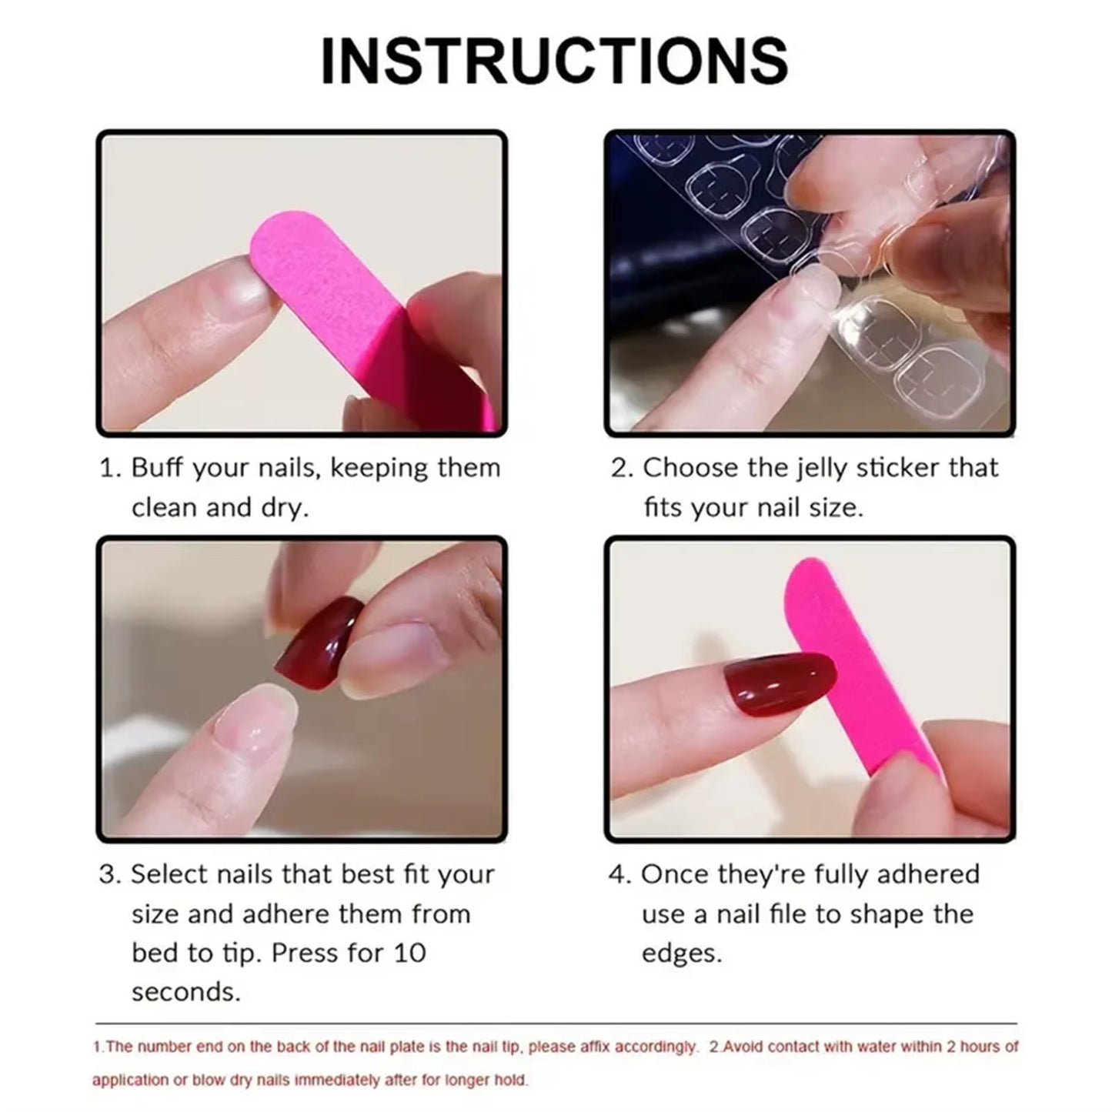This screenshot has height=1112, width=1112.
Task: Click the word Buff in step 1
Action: click(x=158, y=468)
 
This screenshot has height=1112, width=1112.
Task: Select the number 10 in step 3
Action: click(x=409, y=953)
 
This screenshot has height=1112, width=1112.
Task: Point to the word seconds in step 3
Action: click(x=185, y=992)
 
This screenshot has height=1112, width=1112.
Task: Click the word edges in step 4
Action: click(x=682, y=953)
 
